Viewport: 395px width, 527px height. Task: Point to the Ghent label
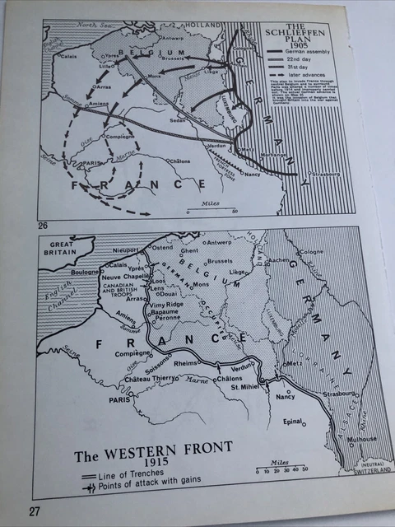(x=190, y=250)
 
